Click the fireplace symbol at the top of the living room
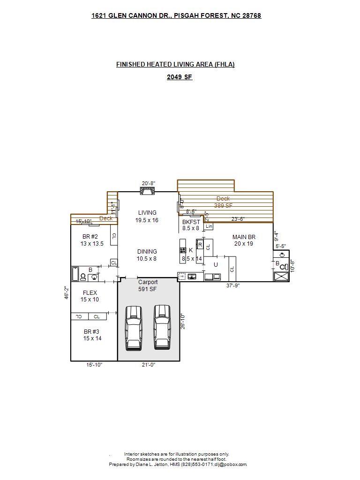(x=148, y=191)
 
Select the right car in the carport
(x=162, y=327)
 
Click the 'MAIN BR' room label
(x=244, y=237)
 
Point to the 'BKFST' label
(x=191, y=222)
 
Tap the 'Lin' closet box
(x=209, y=226)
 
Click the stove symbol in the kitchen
(x=183, y=250)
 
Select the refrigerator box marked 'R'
(x=200, y=245)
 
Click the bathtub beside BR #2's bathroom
(x=75, y=273)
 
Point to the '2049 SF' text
(x=180, y=77)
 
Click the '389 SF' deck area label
(x=223, y=205)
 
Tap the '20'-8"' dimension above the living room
(x=148, y=184)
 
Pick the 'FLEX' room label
(x=90, y=293)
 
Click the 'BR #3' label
(x=92, y=332)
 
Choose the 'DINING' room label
(x=147, y=252)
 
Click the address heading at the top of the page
(x=176, y=15)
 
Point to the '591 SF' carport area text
(x=147, y=289)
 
